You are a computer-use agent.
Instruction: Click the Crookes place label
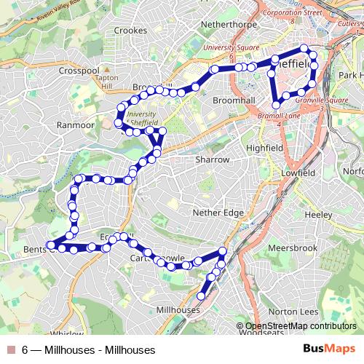coord(131,31)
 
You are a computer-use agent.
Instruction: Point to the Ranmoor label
coord(76,125)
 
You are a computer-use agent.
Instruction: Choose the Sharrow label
coord(213,159)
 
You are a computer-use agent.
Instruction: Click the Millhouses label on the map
coord(178,310)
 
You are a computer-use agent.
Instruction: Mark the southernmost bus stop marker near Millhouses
coord(202,296)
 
